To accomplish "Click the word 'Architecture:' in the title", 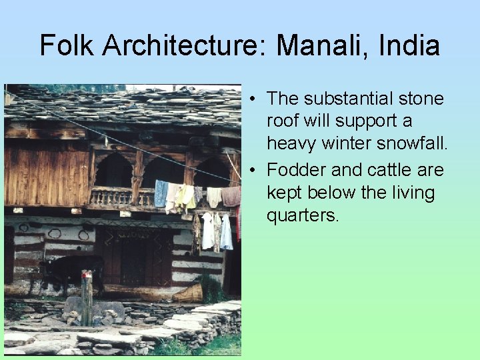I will tap(182, 46).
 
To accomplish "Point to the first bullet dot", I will tap(255, 99).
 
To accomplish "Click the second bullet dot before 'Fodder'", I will tap(255, 171).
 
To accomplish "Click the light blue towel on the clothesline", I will tap(161, 193).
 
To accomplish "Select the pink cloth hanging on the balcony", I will tap(231, 196).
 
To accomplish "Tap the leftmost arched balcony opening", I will tap(113, 172).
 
